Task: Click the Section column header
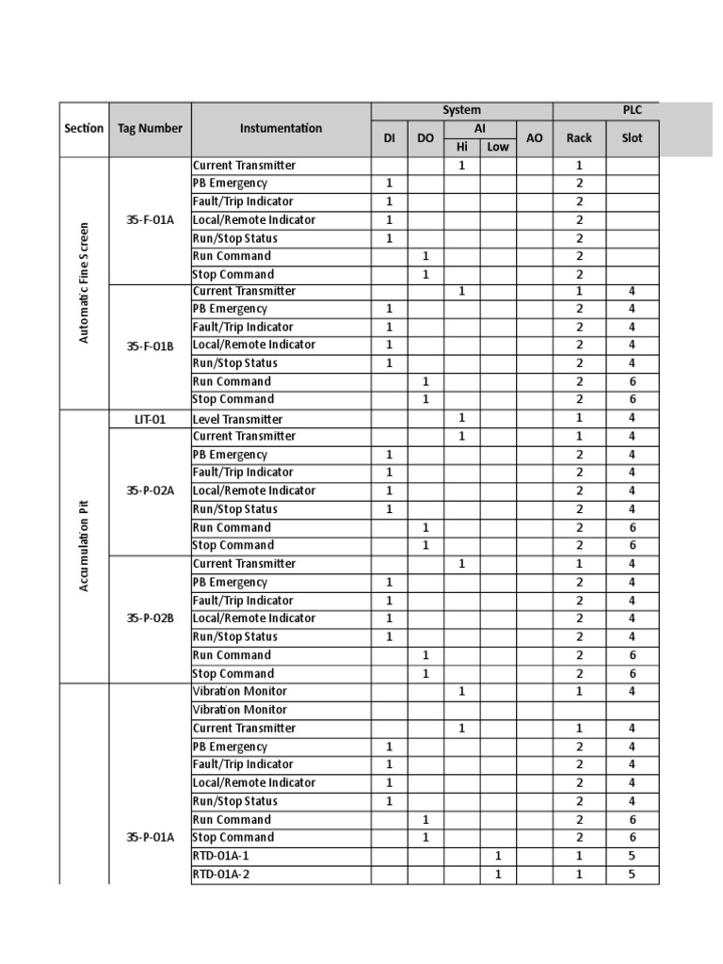coord(84,128)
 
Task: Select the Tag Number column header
coord(150,128)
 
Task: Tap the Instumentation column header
coord(281,128)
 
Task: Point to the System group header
coord(461,110)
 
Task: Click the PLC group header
coord(632,110)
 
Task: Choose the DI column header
coord(389,137)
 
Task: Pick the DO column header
coord(426,137)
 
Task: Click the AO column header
coord(534,137)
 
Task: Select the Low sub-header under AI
coord(498,147)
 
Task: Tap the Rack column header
coord(579,137)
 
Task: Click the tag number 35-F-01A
coord(150,219)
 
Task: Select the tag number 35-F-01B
coord(150,345)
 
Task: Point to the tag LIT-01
coord(150,419)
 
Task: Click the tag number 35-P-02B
coord(150,619)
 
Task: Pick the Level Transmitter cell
coord(237,419)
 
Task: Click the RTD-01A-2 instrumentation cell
coord(221,874)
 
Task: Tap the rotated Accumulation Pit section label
coord(84,546)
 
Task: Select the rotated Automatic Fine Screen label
coord(84,282)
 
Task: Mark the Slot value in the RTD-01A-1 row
coord(632,856)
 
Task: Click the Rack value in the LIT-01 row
coord(579,419)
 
